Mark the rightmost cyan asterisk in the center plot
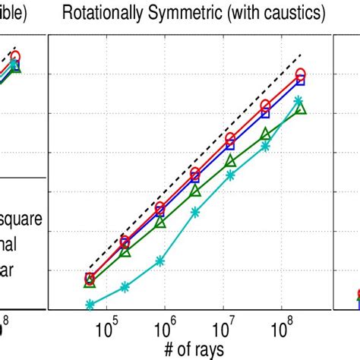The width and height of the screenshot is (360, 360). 298,100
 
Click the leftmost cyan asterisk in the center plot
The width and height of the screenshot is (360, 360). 90,305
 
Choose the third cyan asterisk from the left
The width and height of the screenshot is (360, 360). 160,261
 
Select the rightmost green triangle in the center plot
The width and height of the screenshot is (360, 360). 301,109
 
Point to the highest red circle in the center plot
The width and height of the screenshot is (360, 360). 301,74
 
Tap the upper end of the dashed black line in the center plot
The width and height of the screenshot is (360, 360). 302,54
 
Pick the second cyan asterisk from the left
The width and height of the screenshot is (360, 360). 125,288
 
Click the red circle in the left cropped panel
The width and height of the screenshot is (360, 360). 15,57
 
